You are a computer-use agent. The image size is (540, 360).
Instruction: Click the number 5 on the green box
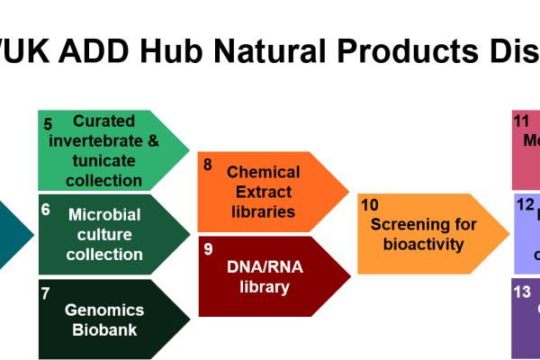[x=48, y=124]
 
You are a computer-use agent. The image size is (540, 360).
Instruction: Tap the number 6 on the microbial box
[x=45, y=209]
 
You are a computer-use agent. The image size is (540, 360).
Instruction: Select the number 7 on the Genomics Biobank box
[x=45, y=292]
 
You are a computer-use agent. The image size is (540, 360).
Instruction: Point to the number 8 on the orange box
[x=208, y=165]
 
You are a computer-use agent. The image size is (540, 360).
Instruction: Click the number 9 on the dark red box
[x=208, y=248]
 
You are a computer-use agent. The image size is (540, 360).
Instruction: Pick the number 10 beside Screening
[x=370, y=205]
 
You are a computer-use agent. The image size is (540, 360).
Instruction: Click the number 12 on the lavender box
[x=526, y=204]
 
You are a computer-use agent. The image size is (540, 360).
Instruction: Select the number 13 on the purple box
[x=522, y=292]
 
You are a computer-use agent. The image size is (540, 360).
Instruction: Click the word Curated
[x=104, y=121]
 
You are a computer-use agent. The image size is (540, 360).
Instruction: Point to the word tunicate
[x=104, y=160]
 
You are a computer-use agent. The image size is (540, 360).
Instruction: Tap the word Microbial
[x=104, y=214]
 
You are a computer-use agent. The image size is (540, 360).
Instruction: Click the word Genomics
[x=104, y=310]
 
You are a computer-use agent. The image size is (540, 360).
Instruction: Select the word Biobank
[x=104, y=329]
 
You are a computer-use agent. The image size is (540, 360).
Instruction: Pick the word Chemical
[x=264, y=171]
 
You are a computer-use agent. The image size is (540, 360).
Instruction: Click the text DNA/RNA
[x=264, y=267]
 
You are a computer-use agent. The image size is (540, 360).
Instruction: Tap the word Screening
[x=424, y=224]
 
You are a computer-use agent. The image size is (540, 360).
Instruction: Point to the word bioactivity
[x=424, y=244]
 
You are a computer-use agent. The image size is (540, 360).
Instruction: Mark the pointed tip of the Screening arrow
[x=509, y=233]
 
